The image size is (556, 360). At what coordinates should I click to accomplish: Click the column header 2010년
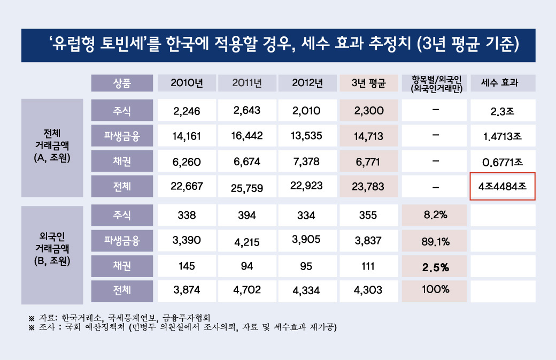pyautogui.click(x=187, y=83)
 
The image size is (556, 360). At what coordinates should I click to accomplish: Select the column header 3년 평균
pyautogui.click(x=368, y=83)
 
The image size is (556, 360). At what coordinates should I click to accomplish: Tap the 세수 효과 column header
pyautogui.click(x=503, y=83)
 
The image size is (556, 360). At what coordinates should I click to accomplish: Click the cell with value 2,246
pyautogui.click(x=187, y=111)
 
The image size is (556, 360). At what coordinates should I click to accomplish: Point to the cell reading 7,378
pyautogui.click(x=307, y=161)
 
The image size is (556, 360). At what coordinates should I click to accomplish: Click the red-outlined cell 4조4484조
pyautogui.click(x=503, y=187)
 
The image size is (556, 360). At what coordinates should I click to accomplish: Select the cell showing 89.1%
pyautogui.click(x=435, y=241)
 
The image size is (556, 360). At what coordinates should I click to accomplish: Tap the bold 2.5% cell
pyautogui.click(x=435, y=266)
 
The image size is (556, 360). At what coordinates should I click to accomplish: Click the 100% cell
pyautogui.click(x=435, y=290)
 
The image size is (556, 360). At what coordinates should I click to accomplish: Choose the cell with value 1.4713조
pyautogui.click(x=503, y=136)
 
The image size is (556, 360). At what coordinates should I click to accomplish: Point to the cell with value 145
pyautogui.click(x=187, y=266)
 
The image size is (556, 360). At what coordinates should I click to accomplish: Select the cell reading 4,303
pyautogui.click(x=368, y=290)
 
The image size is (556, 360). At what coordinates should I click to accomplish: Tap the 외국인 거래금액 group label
pyautogui.click(x=52, y=248)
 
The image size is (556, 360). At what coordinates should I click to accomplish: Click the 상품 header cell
pyautogui.click(x=122, y=83)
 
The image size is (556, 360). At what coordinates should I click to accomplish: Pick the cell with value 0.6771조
pyautogui.click(x=503, y=162)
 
